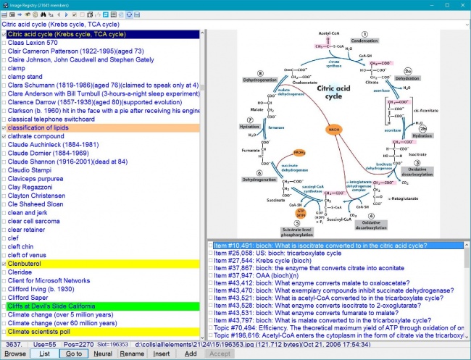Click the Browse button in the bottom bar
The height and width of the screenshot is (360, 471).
[x=16, y=353]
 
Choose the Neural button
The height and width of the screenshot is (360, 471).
[x=102, y=353]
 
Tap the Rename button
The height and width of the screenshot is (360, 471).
[x=132, y=353]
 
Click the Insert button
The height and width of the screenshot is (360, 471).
[x=162, y=353]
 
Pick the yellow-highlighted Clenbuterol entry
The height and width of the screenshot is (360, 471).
[x=29, y=264]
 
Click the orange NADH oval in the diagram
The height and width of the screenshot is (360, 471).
[x=335, y=131]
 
